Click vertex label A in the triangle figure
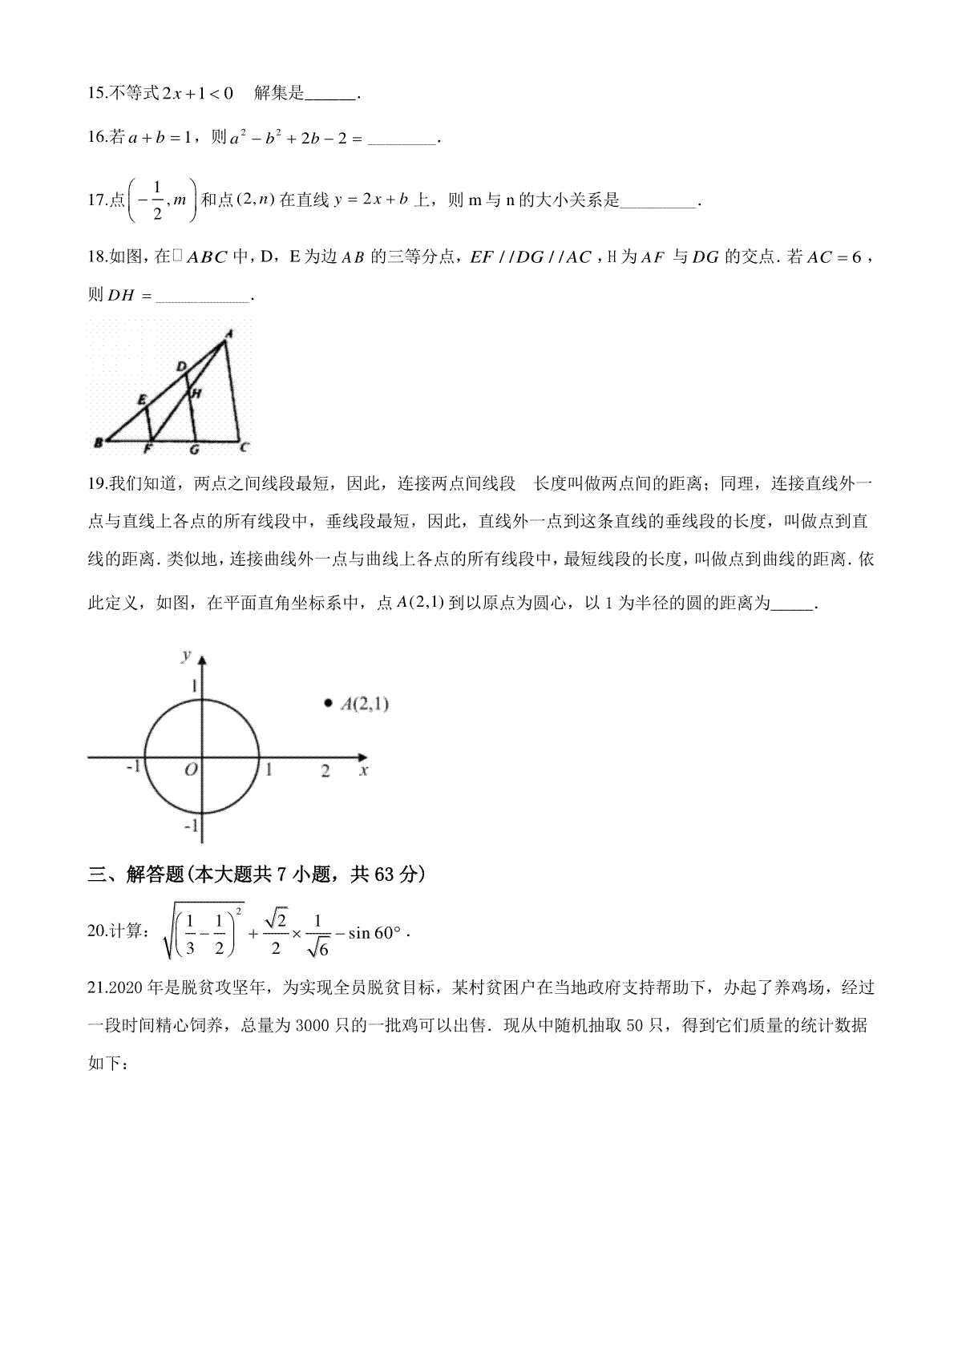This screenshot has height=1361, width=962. tap(228, 333)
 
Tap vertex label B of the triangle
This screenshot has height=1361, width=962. tap(97, 442)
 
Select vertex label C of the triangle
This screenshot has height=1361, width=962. tap(245, 446)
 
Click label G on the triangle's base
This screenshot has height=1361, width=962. tap(194, 450)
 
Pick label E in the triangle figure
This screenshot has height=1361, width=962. tap(142, 398)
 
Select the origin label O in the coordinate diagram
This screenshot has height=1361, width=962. tap(191, 770)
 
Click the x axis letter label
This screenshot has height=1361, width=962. tap(364, 770)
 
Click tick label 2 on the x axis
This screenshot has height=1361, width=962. tap(325, 771)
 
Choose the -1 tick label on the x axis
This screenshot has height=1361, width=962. tap(133, 766)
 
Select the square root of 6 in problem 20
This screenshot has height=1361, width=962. tap(318, 947)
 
